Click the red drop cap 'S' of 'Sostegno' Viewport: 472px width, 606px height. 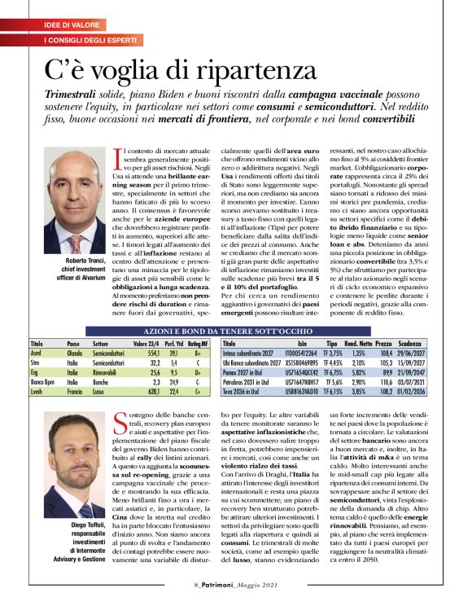120,420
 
